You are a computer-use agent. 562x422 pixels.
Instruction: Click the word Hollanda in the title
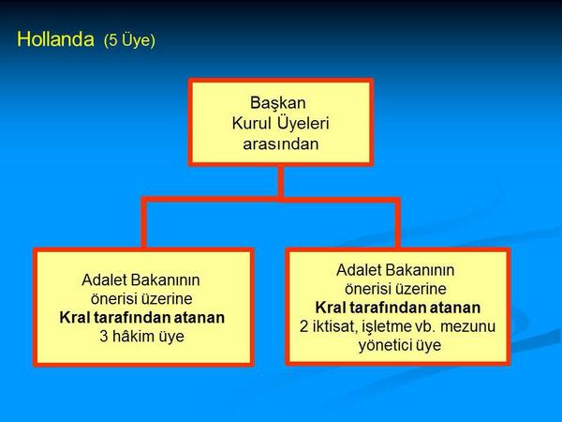pyautogui.click(x=56, y=40)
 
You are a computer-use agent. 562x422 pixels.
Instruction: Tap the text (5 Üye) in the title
pyautogui.click(x=129, y=41)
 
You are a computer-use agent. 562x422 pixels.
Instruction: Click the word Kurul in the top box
pyautogui.click(x=252, y=123)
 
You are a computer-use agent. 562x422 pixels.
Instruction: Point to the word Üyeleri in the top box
pyautogui.click(x=303, y=123)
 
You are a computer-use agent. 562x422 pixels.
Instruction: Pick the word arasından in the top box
pyautogui.click(x=280, y=143)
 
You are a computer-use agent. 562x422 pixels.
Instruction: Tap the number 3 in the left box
pyautogui.click(x=104, y=337)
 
